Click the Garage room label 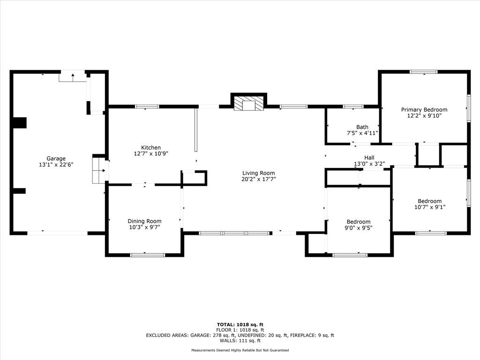click(56, 158)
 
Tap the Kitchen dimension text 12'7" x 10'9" click(151, 154)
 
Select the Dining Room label click(144, 221)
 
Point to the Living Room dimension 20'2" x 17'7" click(259, 179)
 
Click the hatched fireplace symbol click(248, 104)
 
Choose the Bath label click(362, 127)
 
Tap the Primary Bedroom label click(424, 110)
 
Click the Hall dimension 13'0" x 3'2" click(369, 164)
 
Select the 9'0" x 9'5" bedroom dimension click(359, 228)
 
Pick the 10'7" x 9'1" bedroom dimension click(430, 207)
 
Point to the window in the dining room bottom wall click(148, 255)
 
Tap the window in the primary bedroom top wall click(424, 72)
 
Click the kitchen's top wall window click(147, 106)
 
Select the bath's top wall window click(353, 106)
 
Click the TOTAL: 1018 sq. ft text click(240, 324)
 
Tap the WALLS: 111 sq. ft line click(240, 340)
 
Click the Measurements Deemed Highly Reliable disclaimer click(240, 350)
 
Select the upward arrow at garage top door click(73, 77)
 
